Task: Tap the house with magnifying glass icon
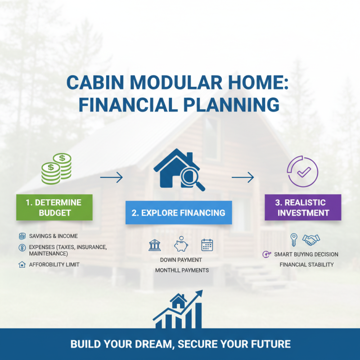[179, 170]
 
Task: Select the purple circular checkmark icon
[302, 171]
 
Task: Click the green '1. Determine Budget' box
[54, 207]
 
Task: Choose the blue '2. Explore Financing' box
[179, 212]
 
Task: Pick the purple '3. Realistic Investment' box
[303, 207]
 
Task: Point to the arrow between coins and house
[111, 178]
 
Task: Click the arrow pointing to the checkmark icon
[243, 178]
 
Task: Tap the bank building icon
[154, 245]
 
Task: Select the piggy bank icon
[180, 244]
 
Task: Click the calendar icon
[207, 245]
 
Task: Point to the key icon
[294, 239]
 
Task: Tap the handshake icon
[311, 239]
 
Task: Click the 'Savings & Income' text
[53, 236]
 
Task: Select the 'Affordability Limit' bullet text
[54, 265]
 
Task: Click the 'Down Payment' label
[181, 260]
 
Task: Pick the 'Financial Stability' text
[306, 265]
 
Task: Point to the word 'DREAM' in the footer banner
[151, 344]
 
